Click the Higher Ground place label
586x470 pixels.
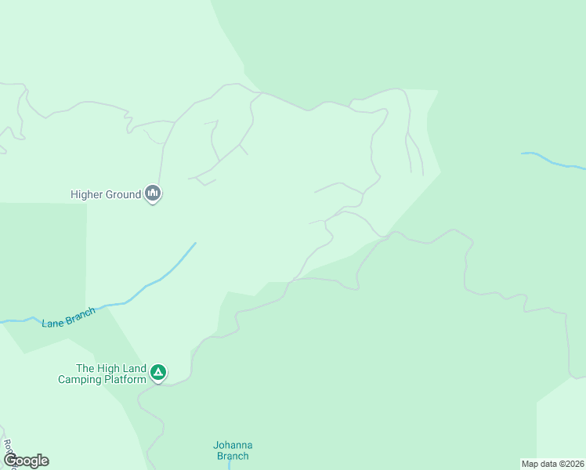(x=105, y=194)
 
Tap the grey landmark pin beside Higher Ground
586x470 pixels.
(x=153, y=193)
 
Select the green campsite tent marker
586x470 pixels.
(x=158, y=372)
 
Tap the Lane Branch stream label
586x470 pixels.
(x=69, y=318)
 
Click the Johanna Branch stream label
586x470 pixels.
(x=233, y=450)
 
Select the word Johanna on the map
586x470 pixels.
(x=233, y=445)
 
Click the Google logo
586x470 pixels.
(x=26, y=461)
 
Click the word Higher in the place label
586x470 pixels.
(x=87, y=194)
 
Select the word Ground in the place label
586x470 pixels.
(x=123, y=194)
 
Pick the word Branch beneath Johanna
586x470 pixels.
(x=233, y=456)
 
